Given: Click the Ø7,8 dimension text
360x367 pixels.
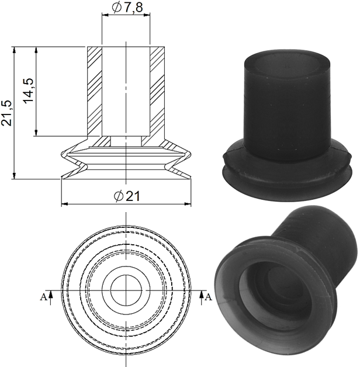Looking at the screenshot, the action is (x=127, y=8).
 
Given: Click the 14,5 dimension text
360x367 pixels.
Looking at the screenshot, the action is (x=29, y=91).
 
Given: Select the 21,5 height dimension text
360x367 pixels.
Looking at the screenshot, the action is (x=6, y=113).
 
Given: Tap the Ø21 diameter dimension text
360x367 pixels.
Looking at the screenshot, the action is (x=127, y=196).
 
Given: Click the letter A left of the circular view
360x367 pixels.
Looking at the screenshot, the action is (x=43, y=297).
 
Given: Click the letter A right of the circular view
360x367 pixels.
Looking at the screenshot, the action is (x=208, y=297).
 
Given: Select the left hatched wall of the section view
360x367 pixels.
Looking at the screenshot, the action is (x=95, y=91).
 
